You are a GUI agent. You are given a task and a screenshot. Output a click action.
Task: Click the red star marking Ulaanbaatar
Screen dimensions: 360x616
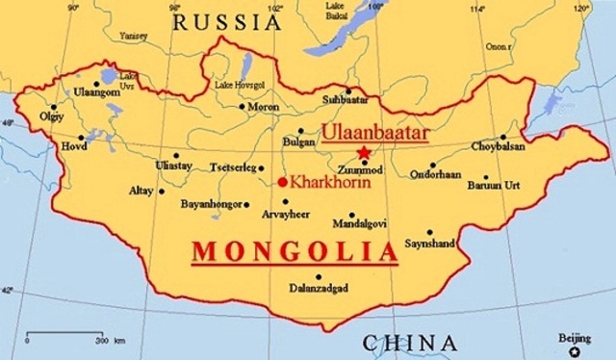pyautogui.click(x=364, y=152)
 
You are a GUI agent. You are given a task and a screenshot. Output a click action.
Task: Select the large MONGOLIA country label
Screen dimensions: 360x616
pyautogui.click(x=295, y=251)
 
